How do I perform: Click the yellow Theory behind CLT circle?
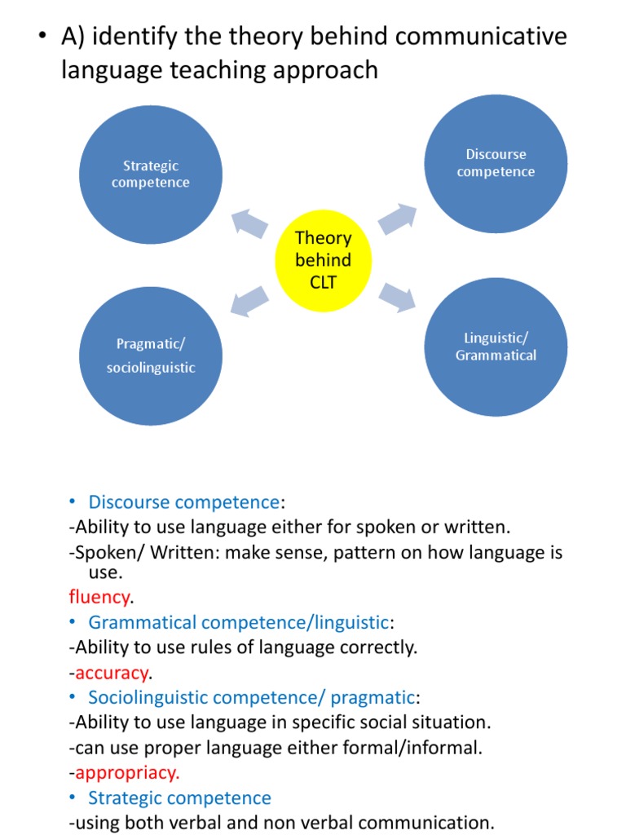[324, 261]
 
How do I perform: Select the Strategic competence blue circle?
[151, 175]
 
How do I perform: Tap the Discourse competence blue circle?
[496, 163]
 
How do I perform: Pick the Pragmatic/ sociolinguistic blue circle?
[151, 356]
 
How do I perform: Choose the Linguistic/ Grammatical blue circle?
[496, 347]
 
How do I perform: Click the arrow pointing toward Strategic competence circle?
[249, 222]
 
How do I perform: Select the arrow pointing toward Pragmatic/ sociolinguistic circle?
[249, 300]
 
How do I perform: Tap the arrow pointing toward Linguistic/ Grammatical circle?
[397, 298]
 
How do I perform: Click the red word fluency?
[99, 597]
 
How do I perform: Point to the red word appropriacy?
[127, 772]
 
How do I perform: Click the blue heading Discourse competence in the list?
[183, 502]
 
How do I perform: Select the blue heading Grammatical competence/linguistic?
[238, 622]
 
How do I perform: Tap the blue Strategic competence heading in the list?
[179, 797]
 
